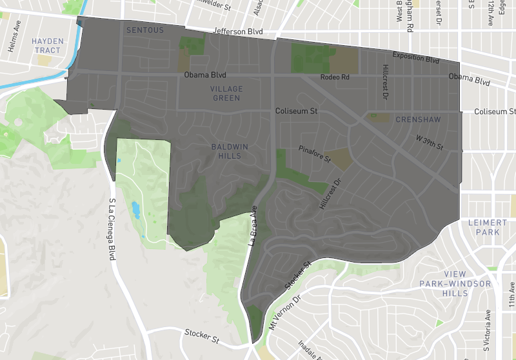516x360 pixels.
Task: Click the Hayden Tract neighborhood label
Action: point(48,46)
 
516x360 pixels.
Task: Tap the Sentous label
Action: point(145,30)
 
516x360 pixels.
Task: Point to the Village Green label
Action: point(226,93)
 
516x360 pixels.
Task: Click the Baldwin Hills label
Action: point(230,151)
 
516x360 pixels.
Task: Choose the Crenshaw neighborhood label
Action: point(418,119)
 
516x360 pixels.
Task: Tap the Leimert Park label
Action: point(488,227)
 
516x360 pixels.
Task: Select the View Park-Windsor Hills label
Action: point(455,288)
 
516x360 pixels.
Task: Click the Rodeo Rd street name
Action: point(335,77)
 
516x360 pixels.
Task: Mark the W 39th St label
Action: point(430,143)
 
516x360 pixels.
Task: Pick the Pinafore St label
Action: point(314,154)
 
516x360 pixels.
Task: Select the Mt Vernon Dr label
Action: point(289,312)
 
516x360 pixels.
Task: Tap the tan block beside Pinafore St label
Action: point(344,159)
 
